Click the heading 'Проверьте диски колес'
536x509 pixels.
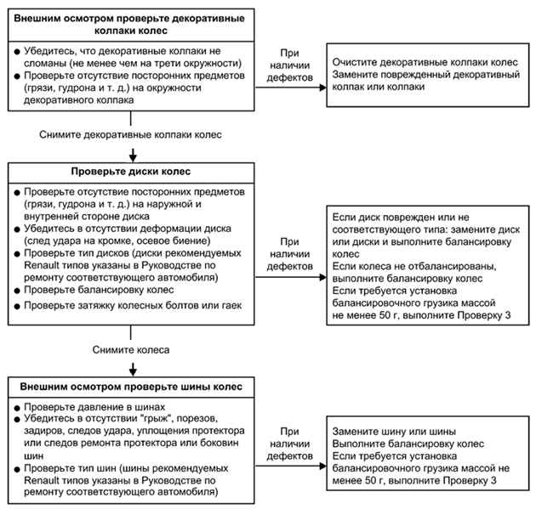tap(131, 172)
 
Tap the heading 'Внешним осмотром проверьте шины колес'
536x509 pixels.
tap(131, 387)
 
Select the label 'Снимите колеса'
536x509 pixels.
tap(131, 349)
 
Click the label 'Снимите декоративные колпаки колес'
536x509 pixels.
tap(130, 134)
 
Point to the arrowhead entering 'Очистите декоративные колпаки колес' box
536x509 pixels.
tap(323, 88)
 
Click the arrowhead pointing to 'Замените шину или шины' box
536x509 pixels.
tap(323, 466)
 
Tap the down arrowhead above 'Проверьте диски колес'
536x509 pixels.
tap(133, 157)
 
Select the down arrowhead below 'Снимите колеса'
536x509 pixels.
tap(133, 371)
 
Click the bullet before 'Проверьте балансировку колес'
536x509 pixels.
tap(17, 291)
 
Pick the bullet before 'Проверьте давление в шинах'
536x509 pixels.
tap(17, 408)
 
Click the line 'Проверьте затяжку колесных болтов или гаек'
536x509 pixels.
tap(133, 305)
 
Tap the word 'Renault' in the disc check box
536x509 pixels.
tap(41, 265)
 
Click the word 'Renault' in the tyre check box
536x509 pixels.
tap(41, 480)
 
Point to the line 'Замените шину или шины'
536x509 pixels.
tap(394, 432)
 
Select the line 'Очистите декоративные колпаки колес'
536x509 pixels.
tap(425, 63)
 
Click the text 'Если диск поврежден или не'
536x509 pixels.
tap(401, 218)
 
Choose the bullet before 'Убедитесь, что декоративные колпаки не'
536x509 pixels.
tap(17, 52)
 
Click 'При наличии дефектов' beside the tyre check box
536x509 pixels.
tap(289, 444)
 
